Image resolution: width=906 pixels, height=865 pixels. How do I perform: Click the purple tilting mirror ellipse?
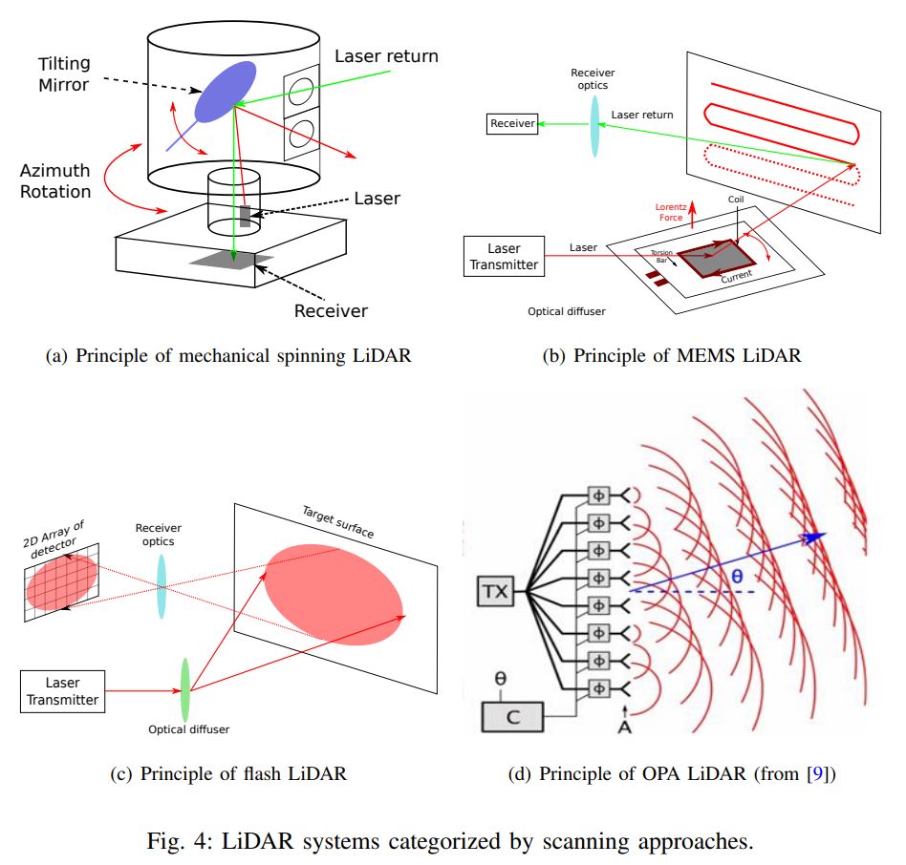tap(226, 92)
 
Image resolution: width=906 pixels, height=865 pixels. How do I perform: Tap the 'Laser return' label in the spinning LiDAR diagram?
tap(386, 56)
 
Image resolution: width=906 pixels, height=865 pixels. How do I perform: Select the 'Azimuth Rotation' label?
tap(56, 181)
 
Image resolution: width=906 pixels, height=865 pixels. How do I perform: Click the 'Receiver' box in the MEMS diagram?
tap(512, 123)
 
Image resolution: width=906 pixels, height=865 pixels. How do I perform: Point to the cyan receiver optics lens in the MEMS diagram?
tap(594, 126)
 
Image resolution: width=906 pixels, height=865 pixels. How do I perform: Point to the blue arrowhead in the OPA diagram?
tap(813, 538)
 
